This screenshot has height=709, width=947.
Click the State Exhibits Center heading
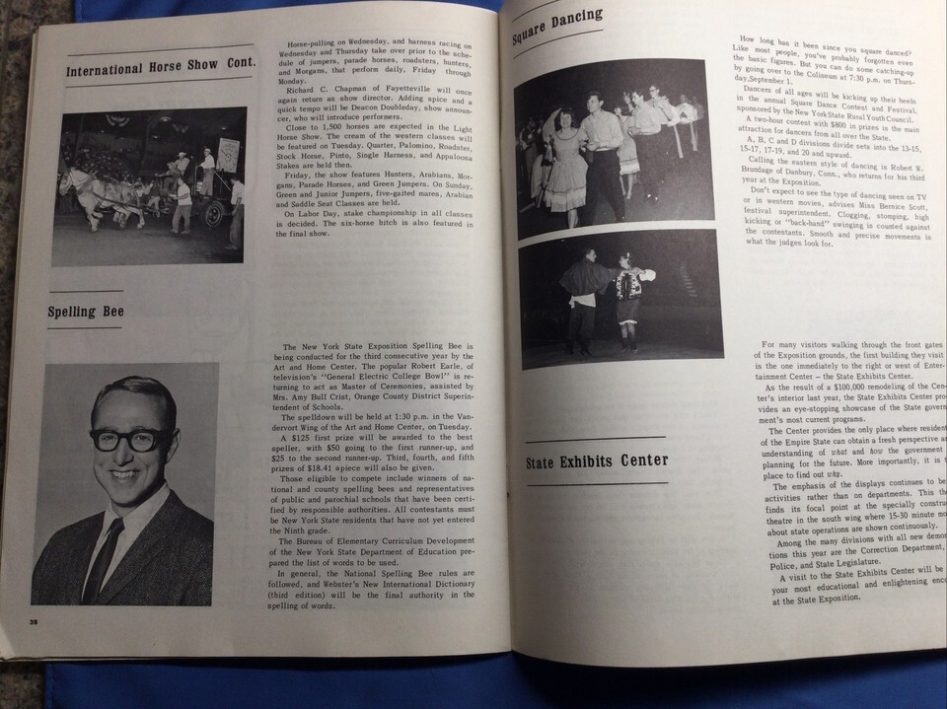pos(596,461)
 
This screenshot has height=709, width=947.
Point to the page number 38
pos(33,622)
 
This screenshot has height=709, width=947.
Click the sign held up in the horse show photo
pos(229,154)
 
